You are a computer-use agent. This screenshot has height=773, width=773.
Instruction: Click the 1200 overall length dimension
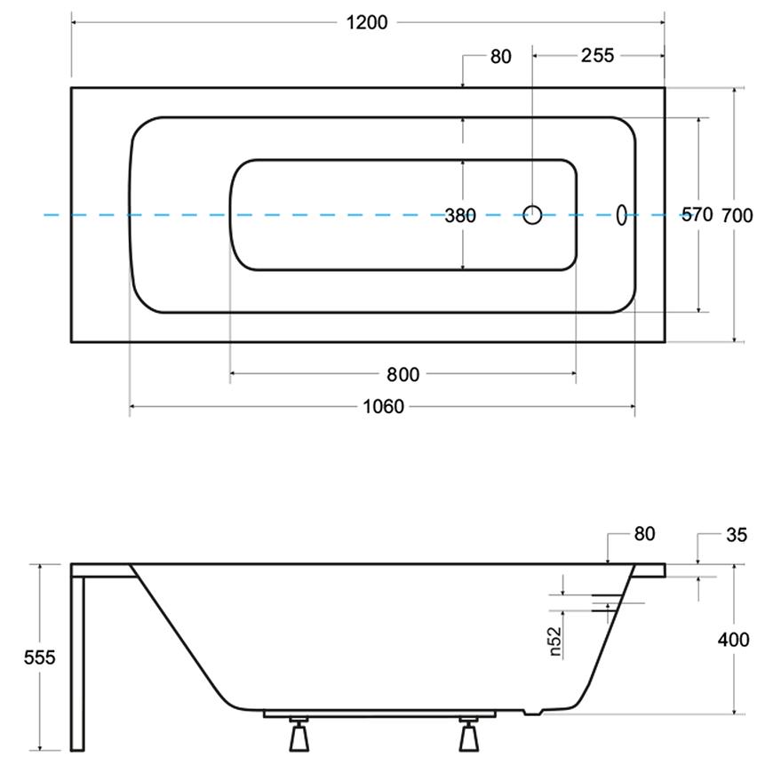tap(367, 23)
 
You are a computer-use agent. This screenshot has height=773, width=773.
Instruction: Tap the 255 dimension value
tap(597, 55)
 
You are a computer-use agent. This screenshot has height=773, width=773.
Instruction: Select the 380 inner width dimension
tap(460, 215)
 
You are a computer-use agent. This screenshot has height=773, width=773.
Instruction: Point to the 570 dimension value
tap(697, 214)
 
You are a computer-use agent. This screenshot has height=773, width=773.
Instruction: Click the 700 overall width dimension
tap(737, 215)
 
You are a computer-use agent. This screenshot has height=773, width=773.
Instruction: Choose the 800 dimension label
tap(402, 375)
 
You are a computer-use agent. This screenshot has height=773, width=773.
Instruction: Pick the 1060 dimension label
tap(383, 407)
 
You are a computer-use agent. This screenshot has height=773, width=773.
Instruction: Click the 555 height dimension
tap(39, 657)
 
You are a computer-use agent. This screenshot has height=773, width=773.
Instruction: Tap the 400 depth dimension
tap(733, 640)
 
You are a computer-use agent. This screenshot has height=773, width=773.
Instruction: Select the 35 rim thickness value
tap(737, 535)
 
